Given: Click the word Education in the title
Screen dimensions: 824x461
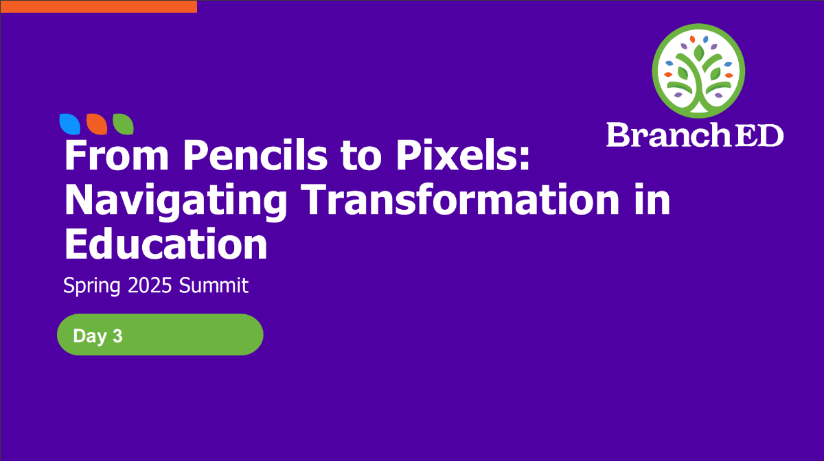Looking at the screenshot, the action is [166, 244].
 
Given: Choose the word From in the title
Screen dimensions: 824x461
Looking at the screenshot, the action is [117, 155].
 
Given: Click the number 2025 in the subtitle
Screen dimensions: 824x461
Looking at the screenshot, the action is [150, 285].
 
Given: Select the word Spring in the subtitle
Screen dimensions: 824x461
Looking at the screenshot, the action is [92, 286].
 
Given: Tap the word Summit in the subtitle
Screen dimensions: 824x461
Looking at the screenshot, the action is [214, 285].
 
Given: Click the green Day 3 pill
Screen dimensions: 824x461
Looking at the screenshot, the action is [160, 335].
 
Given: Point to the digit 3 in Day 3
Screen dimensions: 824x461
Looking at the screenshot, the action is [117, 335].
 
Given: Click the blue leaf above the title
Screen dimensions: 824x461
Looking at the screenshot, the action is [70, 124].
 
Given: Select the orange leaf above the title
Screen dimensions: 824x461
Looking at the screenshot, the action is [97, 124].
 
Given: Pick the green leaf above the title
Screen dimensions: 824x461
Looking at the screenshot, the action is [123, 124].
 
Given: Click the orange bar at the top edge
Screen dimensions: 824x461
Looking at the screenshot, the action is [99, 7].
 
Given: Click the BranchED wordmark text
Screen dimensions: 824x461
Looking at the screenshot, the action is [695, 135].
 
